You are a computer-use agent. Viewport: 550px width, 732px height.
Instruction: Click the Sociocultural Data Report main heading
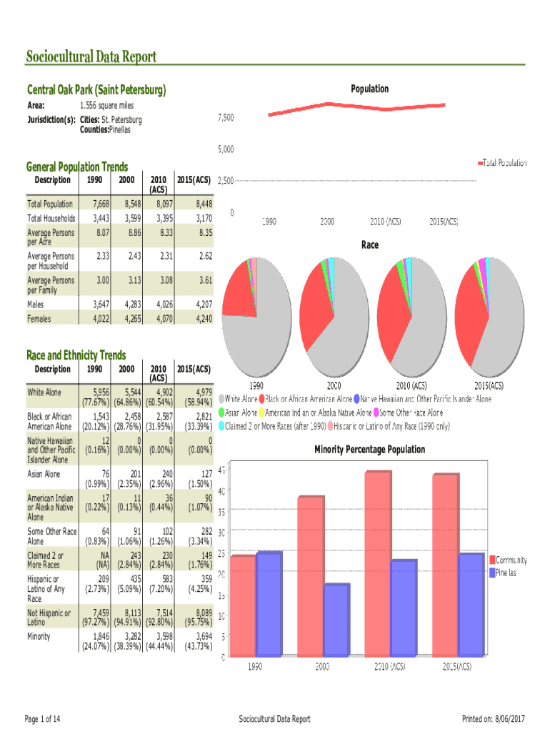click(x=91, y=56)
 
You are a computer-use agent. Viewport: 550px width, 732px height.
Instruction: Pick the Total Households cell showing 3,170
click(x=201, y=218)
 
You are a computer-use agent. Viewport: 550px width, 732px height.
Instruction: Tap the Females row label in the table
click(x=39, y=319)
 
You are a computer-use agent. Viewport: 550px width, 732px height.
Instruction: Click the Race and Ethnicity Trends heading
click(x=76, y=355)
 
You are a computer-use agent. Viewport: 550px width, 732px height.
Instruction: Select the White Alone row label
click(x=44, y=392)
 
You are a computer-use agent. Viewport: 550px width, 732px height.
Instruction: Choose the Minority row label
click(x=39, y=636)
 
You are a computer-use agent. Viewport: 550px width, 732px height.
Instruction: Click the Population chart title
click(x=369, y=89)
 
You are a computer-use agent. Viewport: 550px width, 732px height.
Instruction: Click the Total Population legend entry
click(x=504, y=163)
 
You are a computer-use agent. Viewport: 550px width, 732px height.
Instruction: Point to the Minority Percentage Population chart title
click(x=369, y=450)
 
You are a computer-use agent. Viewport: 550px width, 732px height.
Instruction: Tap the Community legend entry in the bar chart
click(x=511, y=560)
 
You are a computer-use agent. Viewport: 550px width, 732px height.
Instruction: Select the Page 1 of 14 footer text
click(x=43, y=718)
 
